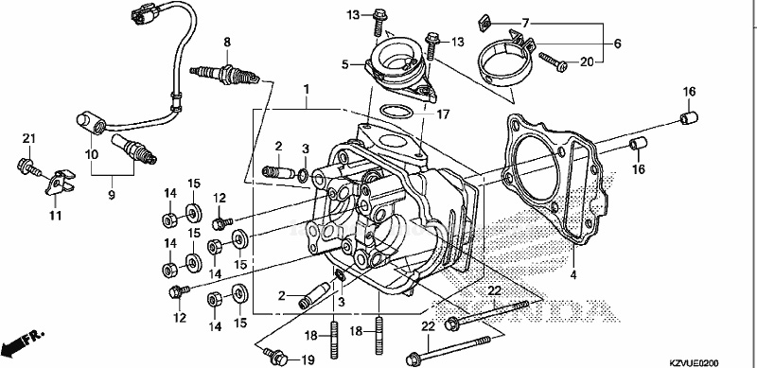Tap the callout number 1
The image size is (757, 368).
pos(306,89)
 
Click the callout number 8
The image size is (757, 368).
pos(227,42)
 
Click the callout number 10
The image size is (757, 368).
pos(92,154)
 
